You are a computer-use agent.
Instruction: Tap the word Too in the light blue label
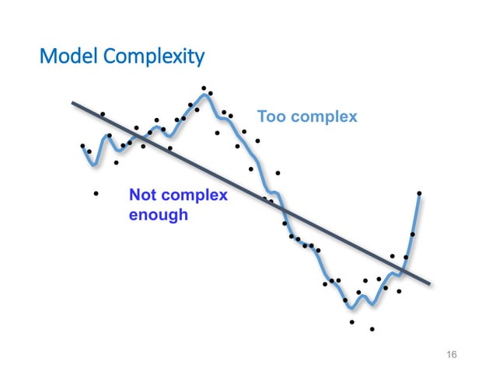(271, 117)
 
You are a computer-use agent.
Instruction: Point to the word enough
(159, 214)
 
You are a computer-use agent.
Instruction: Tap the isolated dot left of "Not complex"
(96, 193)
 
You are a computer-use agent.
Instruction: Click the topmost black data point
(204, 88)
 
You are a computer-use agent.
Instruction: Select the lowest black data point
(372, 329)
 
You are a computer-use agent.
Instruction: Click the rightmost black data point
(419, 192)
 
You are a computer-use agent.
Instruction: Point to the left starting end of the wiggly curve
(83, 148)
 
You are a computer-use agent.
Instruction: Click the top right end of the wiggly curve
(419, 195)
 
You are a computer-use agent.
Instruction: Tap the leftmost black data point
(82, 145)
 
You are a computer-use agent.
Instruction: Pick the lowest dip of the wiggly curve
(351, 307)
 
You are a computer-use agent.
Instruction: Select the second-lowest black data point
(351, 321)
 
